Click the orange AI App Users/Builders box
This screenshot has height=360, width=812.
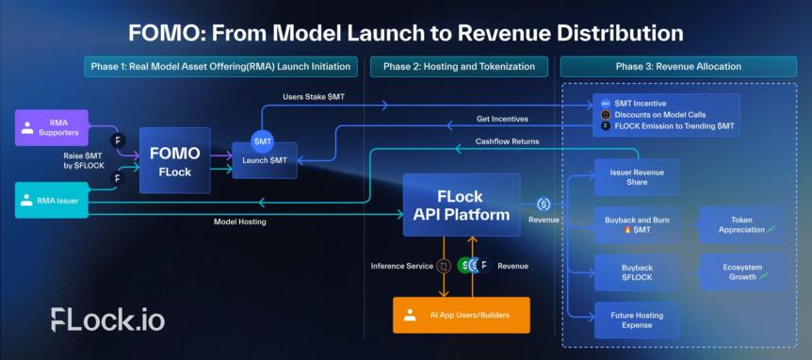point(461,315)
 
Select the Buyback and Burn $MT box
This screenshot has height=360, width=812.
point(637,225)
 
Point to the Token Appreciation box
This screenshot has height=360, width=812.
point(741,225)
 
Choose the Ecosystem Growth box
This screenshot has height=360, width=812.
point(741,271)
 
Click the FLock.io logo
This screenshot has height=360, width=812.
point(107,319)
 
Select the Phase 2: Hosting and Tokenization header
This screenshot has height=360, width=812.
point(460,66)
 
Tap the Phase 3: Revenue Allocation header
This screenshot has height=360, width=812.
point(679,66)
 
